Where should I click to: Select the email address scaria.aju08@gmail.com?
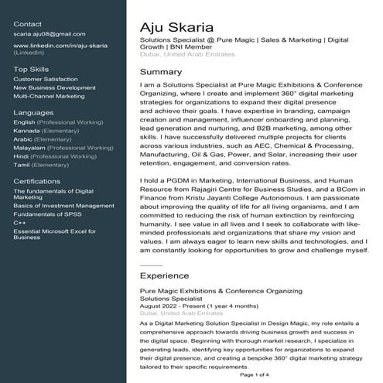[50, 34]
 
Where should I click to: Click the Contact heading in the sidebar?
[28, 24]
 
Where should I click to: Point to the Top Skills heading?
[31, 69]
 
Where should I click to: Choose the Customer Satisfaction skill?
[46, 79]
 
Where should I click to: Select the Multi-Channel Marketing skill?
[50, 96]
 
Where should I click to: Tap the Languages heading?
[33, 112]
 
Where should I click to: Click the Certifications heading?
[36, 181]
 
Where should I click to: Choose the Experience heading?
[164, 275]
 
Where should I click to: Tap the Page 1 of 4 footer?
[255, 374]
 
